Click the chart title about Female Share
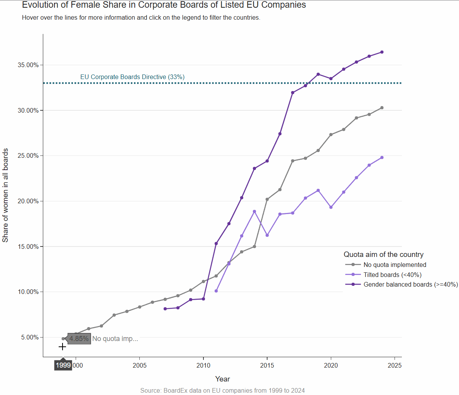pos(164,5)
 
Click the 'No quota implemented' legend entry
pos(395,265)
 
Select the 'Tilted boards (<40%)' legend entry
pos(392,275)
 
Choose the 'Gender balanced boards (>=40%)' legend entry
pos(410,284)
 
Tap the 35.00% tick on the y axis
pos(28,65)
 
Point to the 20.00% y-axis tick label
pos(28,201)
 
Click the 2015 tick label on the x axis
pos(267,365)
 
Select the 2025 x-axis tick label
pos(394,365)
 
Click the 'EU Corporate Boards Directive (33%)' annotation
pos(132,77)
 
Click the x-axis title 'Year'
pos(222,379)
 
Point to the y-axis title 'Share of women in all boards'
pos(5,195)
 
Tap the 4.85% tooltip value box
pos(79,339)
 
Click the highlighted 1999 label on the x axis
pos(63,365)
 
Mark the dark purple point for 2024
pos(382,52)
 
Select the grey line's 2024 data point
pos(382,108)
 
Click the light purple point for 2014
pos(254,211)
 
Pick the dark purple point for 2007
pos(165,309)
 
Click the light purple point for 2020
pos(331,207)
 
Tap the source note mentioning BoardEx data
pos(222,390)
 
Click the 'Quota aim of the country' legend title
pos(383,255)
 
